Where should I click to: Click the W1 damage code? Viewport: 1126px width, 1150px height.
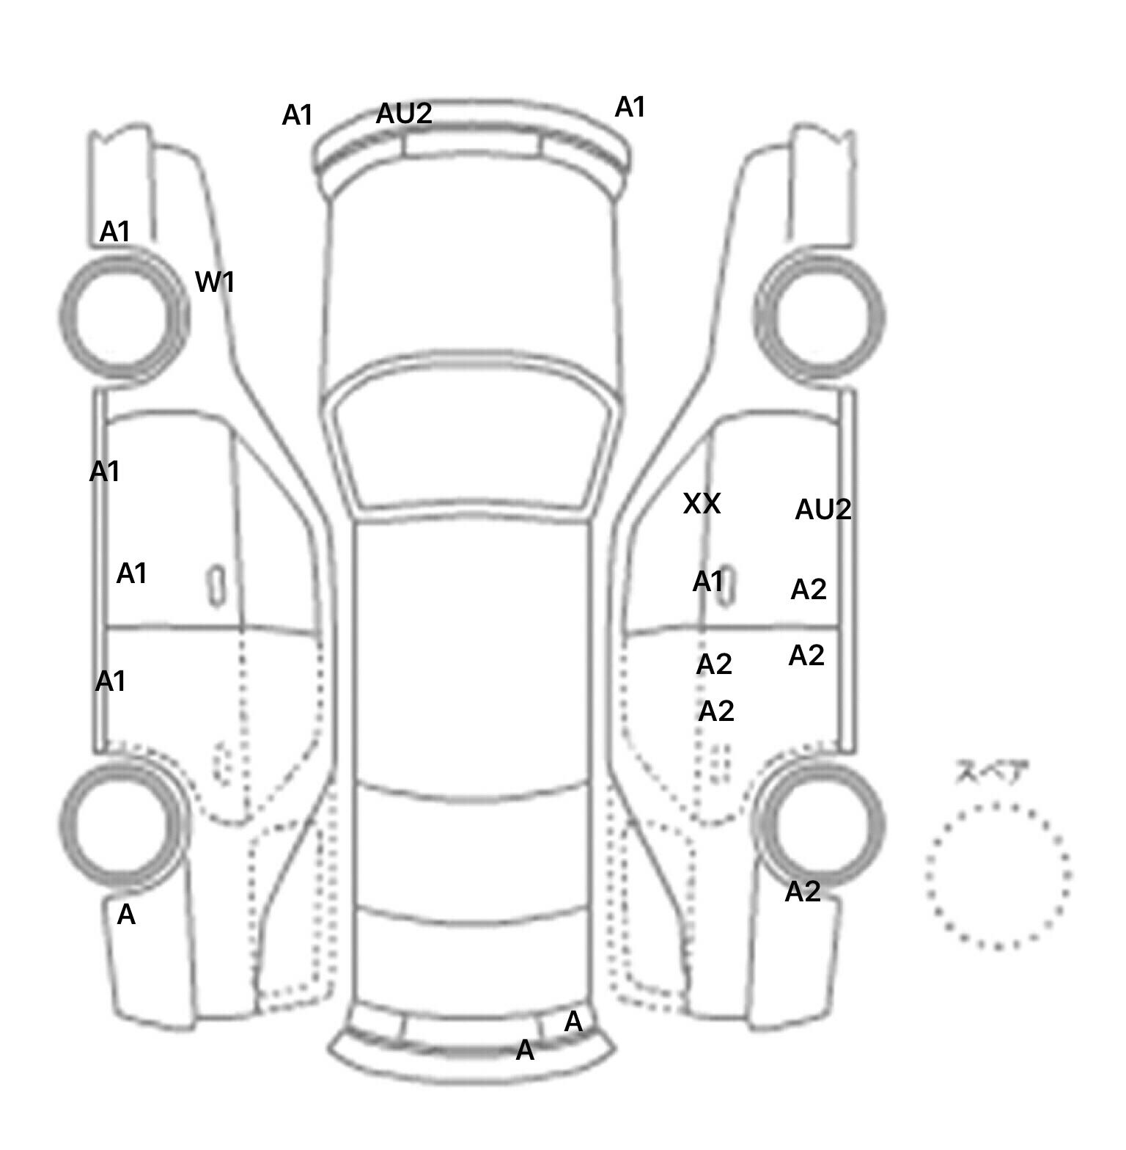click(215, 282)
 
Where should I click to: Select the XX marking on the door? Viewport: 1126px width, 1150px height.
click(702, 503)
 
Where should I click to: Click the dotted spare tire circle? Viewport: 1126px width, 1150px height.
click(998, 875)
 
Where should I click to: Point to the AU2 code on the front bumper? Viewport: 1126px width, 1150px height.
click(404, 114)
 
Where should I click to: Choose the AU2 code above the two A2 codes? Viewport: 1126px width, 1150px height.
click(823, 509)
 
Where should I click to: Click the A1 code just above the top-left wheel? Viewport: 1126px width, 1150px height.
click(115, 232)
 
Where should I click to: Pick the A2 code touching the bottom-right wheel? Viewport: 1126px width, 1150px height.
click(802, 892)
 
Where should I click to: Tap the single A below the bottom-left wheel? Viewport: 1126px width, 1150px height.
click(126, 915)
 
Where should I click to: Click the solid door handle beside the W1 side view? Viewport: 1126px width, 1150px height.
click(216, 585)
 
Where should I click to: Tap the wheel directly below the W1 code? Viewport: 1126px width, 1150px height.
click(123, 315)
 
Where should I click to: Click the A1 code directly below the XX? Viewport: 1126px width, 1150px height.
click(708, 582)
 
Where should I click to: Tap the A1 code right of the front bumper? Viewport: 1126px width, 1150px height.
click(630, 107)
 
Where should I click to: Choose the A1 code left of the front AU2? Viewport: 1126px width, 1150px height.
click(298, 115)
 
